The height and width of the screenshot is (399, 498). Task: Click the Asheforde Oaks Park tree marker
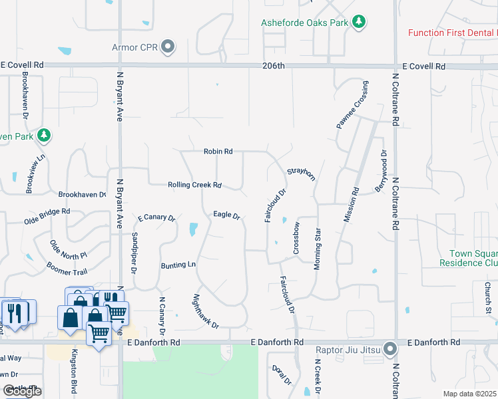[360, 23]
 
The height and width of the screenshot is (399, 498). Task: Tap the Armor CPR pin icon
[169, 47]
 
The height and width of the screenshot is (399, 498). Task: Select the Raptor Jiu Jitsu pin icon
[391, 348]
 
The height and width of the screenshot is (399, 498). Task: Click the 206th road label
[273, 66]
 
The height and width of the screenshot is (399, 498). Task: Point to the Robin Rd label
[218, 152]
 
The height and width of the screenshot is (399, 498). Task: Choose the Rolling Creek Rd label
[194, 185]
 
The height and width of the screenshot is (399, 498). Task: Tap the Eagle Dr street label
[226, 214]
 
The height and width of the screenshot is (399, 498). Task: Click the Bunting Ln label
[178, 265]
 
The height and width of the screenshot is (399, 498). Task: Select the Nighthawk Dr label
[206, 312]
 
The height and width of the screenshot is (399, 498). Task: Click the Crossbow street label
[297, 238]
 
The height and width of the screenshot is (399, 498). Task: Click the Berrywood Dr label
[380, 172]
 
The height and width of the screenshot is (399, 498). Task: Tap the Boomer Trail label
[67, 268]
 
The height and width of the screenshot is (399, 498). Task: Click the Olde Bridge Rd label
[47, 215]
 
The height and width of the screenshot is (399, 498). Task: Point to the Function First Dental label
[452, 33]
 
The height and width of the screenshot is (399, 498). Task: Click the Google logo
[22, 391]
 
